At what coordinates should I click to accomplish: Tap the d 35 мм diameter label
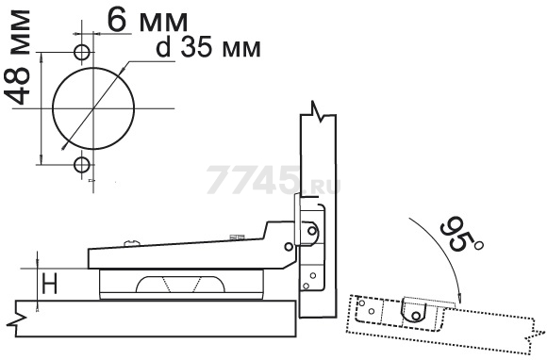[x=208, y=47]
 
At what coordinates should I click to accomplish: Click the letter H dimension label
[x=49, y=284]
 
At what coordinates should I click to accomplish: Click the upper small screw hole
[x=82, y=52]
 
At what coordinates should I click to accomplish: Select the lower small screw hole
[x=82, y=165]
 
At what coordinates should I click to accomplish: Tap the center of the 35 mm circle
[x=93, y=108]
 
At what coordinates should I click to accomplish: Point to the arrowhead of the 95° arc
[x=460, y=298]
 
